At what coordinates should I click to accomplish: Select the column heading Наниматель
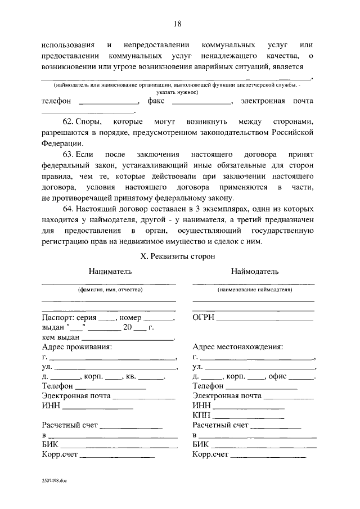pos(110,271)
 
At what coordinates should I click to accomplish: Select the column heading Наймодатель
pos(254,271)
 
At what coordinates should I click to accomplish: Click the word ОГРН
pos(204,318)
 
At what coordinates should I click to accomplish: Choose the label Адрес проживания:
pos(77,346)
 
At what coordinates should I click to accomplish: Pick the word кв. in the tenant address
pos(130,376)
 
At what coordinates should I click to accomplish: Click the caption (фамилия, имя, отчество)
pos(110,290)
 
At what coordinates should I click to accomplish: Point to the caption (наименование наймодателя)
pos(254,290)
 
